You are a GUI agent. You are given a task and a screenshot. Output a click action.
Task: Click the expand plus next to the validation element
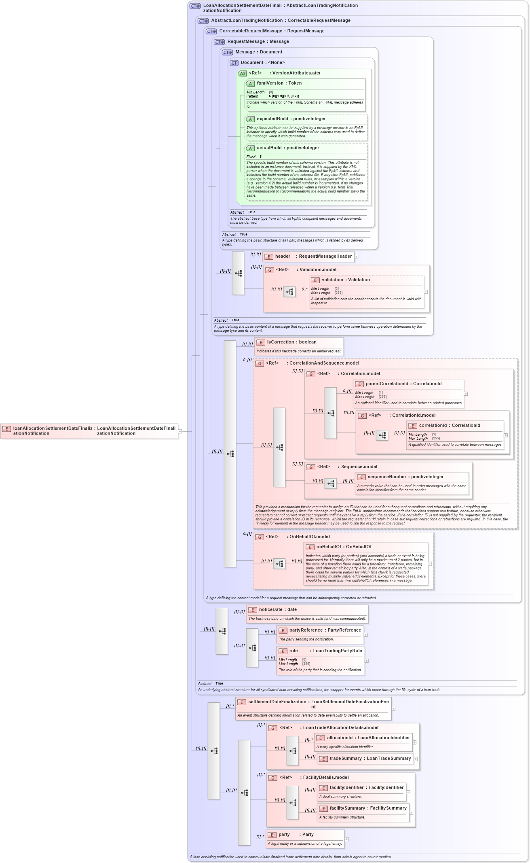[426, 292]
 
